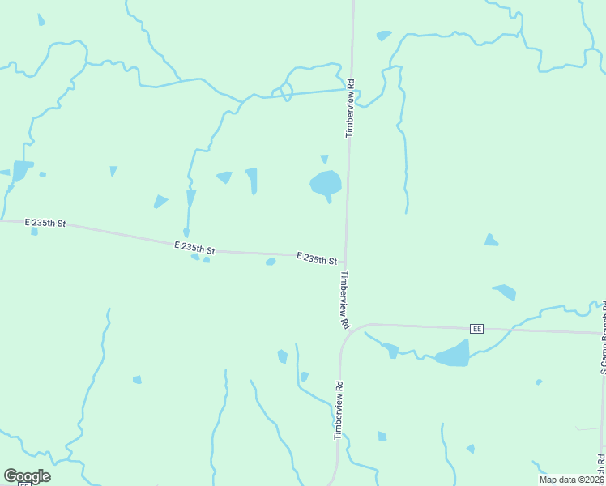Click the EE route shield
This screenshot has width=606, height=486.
(x=477, y=328)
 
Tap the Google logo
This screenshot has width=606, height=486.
(x=27, y=475)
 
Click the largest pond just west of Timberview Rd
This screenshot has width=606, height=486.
(x=326, y=184)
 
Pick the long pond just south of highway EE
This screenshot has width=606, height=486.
(x=454, y=355)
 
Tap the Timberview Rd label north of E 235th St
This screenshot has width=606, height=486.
(x=351, y=108)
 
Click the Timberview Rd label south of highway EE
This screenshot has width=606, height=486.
(x=338, y=411)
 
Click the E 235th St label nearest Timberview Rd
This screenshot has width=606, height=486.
(x=316, y=258)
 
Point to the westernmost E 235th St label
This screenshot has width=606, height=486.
(x=45, y=222)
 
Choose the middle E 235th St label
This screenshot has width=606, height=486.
(x=194, y=248)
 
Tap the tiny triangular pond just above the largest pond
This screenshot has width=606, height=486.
(x=325, y=159)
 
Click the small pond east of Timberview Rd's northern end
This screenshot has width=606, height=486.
(x=383, y=36)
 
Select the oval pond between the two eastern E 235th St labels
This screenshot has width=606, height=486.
(x=271, y=262)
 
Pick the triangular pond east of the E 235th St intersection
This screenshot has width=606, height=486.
(x=490, y=240)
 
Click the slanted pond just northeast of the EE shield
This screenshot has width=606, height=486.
(x=504, y=291)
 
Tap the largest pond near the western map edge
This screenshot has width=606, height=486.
(x=21, y=170)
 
